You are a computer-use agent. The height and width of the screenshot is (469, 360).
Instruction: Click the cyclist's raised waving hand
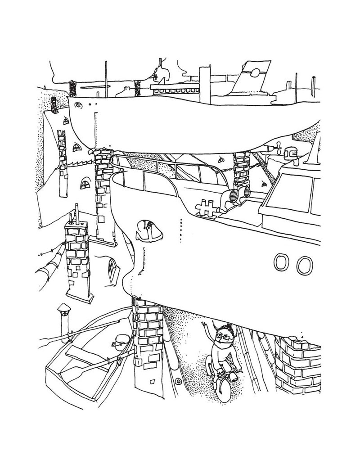point(206,325)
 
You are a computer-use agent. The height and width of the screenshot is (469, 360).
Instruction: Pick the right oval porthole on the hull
point(304,265)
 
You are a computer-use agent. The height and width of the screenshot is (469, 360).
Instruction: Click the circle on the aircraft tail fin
point(255,71)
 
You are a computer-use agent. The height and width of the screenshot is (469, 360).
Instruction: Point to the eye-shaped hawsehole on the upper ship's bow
point(79,105)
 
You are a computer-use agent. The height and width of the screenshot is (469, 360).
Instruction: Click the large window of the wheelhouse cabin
point(295,194)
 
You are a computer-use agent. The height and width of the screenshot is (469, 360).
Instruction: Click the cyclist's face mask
point(220,343)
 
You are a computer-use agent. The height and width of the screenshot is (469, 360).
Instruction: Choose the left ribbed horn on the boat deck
point(233,195)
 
